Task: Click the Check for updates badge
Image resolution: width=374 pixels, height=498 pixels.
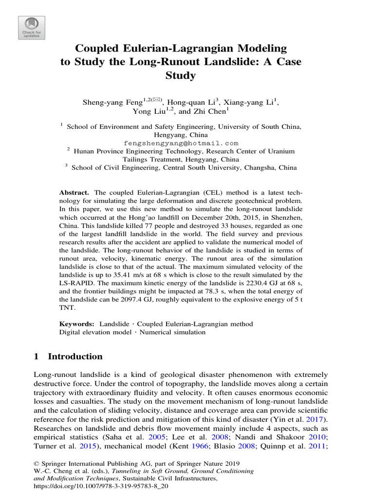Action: coord(32,28)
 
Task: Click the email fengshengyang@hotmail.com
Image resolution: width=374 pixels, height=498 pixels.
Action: coord(181,143)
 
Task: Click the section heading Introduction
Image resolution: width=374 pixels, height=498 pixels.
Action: coord(75,356)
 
